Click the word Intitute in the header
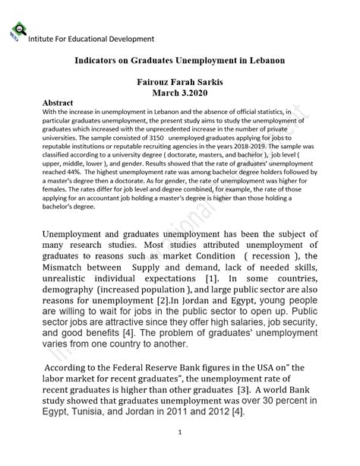(x=44, y=39)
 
